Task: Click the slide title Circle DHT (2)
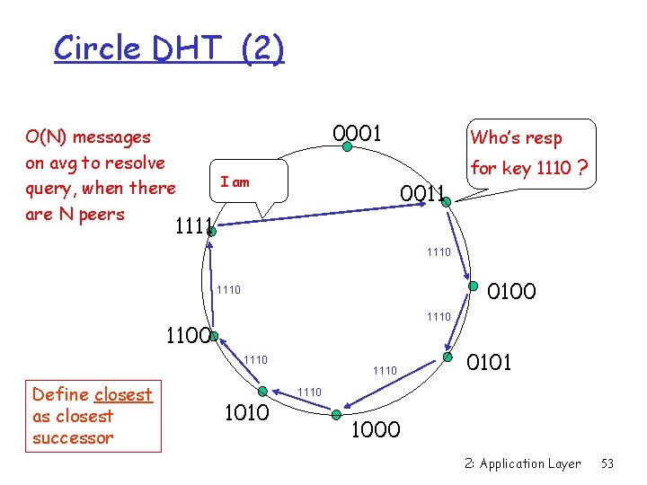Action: (169, 48)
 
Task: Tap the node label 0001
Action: (357, 134)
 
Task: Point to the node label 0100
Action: (510, 290)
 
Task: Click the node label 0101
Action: (489, 362)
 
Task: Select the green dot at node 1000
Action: (335, 415)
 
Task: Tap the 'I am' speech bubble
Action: (235, 182)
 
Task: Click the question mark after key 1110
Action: (583, 168)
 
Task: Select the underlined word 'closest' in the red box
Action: (122, 394)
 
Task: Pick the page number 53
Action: (607, 463)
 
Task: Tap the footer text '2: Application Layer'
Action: (523, 463)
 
